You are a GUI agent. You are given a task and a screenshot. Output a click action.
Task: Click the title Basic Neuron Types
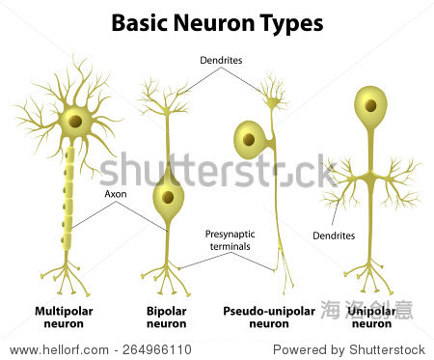(x=217, y=21)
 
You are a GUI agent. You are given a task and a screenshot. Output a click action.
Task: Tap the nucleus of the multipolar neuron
(x=72, y=122)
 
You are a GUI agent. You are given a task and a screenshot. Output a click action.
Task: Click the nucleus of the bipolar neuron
(x=168, y=197)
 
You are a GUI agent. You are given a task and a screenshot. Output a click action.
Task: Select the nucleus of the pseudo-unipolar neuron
(x=248, y=140)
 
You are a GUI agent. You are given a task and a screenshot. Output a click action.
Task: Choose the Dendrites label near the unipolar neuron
(x=333, y=235)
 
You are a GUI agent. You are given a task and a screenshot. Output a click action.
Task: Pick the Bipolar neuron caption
(x=167, y=318)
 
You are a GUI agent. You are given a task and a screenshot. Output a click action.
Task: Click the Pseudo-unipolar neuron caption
(x=268, y=318)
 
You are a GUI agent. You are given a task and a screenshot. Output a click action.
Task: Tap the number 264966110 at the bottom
(x=156, y=349)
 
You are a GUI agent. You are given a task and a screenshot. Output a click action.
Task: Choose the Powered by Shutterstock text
(x=349, y=349)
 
